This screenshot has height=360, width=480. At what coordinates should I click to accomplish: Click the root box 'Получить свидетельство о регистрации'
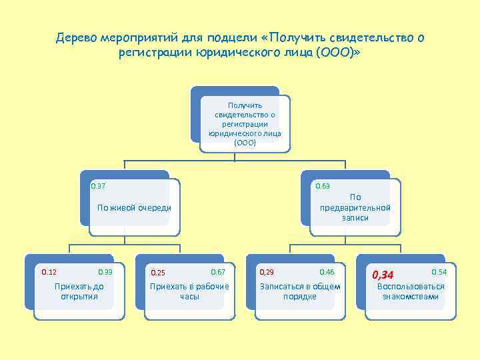click(x=245, y=124)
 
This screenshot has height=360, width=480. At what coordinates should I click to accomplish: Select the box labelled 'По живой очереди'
click(x=134, y=207)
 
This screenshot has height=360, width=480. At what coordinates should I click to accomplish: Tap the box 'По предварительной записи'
click(x=355, y=207)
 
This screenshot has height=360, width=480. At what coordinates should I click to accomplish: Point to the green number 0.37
click(x=98, y=185)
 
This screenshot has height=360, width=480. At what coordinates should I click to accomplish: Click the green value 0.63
click(x=323, y=185)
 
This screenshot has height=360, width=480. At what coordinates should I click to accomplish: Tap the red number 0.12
click(x=49, y=272)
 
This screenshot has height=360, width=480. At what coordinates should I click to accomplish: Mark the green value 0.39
click(x=105, y=272)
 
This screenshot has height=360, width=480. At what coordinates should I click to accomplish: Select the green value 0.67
click(x=218, y=272)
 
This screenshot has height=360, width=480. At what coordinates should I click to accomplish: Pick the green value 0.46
click(x=327, y=272)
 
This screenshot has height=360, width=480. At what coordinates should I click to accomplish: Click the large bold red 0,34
click(x=383, y=275)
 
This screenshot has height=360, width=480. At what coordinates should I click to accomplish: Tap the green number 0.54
click(x=439, y=272)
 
